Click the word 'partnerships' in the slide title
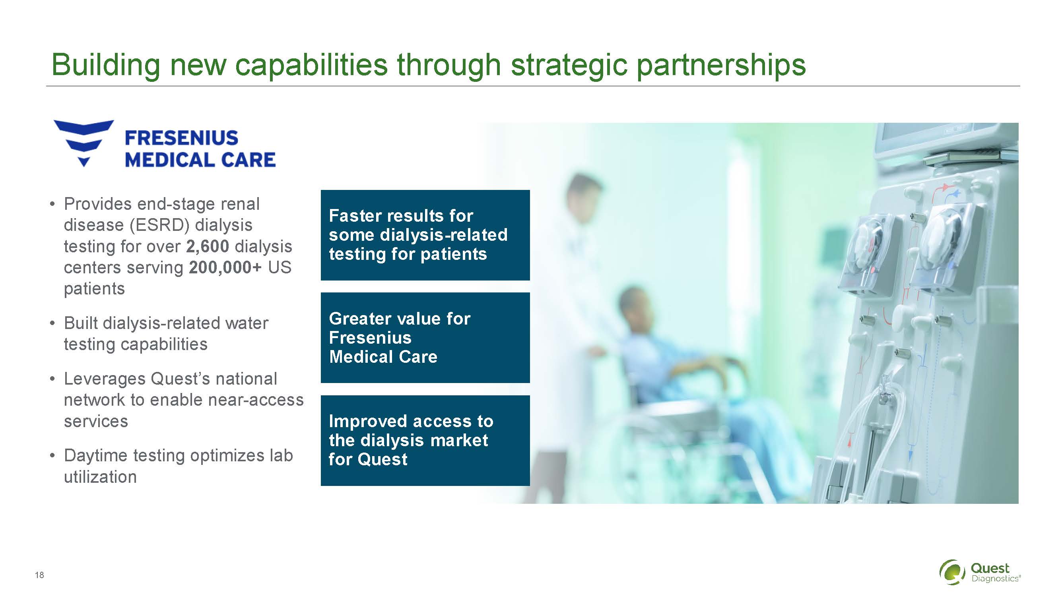[721, 66]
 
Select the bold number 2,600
[208, 246]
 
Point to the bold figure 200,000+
[225, 267]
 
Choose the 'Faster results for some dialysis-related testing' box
[425, 235]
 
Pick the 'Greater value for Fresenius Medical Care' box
[425, 338]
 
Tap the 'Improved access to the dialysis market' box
[425, 441]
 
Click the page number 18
[39, 575]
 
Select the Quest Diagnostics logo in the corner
[980, 572]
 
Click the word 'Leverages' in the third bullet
[105, 379]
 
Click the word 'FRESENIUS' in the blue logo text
[181, 138]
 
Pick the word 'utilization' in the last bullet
[101, 477]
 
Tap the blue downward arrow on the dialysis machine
[911, 455]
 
